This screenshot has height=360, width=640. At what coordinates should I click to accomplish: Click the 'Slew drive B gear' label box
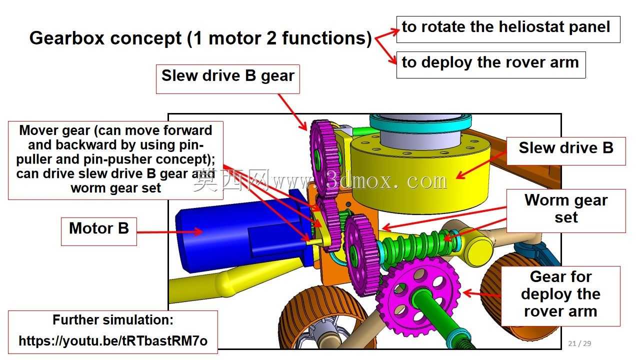(227, 79)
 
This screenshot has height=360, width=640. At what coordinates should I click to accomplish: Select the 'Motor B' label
(99, 231)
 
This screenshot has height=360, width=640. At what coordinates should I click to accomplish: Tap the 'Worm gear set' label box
(566, 211)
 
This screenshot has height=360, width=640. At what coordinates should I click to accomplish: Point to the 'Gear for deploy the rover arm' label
(560, 296)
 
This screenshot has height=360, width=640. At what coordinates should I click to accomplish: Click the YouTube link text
(113, 341)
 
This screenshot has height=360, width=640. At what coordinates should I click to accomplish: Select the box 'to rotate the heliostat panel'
(508, 29)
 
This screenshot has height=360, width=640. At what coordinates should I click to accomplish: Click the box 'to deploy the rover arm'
(491, 64)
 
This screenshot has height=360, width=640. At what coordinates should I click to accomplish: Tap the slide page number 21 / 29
(579, 343)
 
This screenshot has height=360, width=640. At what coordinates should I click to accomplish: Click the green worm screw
(417, 245)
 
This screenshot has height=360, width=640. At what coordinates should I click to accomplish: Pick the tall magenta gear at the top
(324, 158)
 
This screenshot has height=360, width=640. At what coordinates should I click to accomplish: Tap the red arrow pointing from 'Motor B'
(169, 231)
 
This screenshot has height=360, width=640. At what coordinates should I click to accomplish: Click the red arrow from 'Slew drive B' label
(481, 165)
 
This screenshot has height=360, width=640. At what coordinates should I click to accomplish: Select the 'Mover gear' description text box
(115, 160)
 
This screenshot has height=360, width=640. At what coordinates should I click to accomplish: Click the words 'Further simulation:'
(113, 319)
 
